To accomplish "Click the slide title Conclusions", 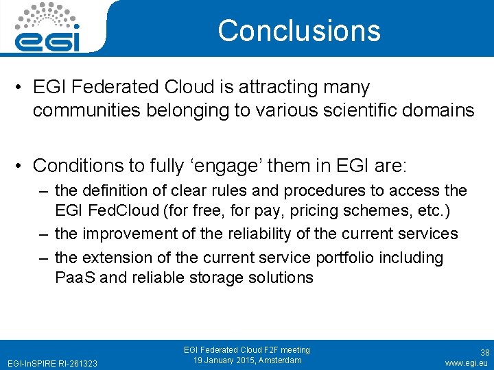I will tap(299, 31).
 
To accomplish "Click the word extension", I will tap(118, 258).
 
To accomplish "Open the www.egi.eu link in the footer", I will tap(466, 362).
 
